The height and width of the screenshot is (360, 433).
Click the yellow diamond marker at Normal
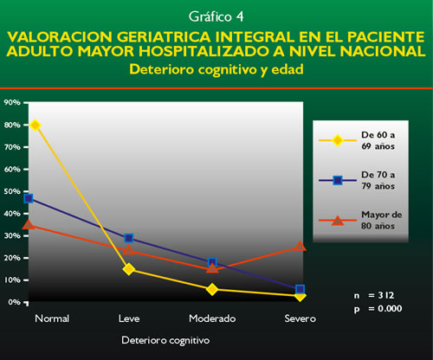click(36, 125)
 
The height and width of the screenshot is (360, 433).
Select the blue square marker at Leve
click(129, 238)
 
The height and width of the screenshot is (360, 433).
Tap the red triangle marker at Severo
click(300, 246)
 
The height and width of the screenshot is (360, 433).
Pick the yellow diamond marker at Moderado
click(212, 289)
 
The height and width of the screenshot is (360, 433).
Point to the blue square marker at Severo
click(301, 289)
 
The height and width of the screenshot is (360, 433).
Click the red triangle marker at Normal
click(29, 224)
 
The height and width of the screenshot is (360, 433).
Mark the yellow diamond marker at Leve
click(129, 269)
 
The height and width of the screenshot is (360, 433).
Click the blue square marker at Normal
click(29, 198)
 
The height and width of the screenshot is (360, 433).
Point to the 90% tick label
click(12, 102)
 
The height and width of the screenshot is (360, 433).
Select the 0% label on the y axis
click(14, 302)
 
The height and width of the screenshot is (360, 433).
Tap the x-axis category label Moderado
click(212, 318)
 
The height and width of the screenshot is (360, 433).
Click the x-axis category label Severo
click(301, 318)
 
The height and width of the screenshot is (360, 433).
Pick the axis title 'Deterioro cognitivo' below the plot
click(165, 340)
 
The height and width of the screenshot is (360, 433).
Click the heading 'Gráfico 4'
click(216, 16)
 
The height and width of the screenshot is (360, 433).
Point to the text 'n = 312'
click(374, 295)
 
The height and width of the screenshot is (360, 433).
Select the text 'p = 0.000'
click(378, 309)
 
